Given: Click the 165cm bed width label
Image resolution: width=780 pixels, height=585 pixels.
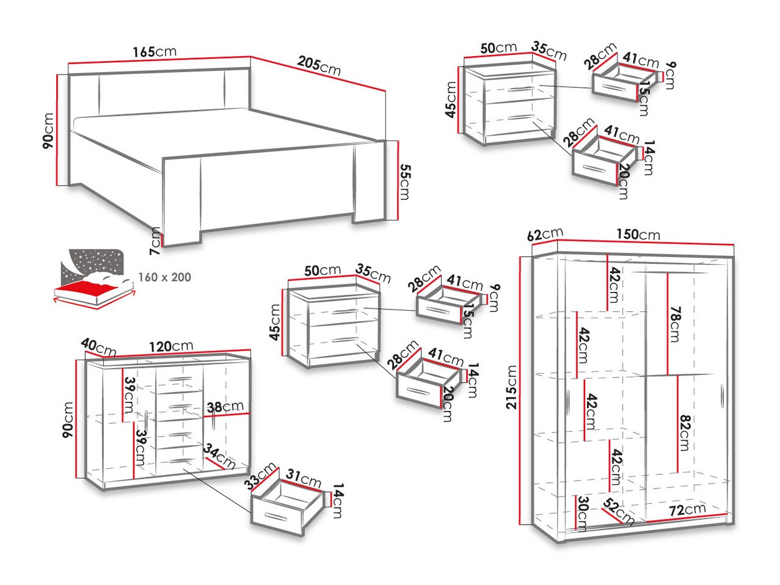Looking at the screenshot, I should (x=154, y=51).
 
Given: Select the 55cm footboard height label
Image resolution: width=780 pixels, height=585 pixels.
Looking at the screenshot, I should (x=404, y=181).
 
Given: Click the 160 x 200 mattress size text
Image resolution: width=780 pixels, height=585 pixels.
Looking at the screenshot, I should (x=164, y=277).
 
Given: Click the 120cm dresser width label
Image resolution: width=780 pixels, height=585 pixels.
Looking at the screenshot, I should (x=171, y=346).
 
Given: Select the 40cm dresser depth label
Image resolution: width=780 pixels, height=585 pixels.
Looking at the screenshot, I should (x=98, y=347).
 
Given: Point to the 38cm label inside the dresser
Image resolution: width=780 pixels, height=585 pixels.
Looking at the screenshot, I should (x=225, y=407).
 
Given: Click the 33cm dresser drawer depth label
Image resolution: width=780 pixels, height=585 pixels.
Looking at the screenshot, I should (x=261, y=476).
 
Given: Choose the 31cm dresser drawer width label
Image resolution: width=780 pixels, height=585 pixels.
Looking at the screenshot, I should (x=303, y=479).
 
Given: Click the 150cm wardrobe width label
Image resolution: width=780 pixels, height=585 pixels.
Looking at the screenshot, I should (x=638, y=234).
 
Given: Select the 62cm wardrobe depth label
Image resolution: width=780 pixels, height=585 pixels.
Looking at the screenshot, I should (x=544, y=234).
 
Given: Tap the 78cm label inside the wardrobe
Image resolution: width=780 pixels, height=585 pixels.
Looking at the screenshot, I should (x=674, y=324).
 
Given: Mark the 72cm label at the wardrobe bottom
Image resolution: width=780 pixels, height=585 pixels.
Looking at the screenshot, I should (x=687, y=509).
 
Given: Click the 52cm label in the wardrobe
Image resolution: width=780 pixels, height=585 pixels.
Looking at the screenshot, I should (x=619, y=512).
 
